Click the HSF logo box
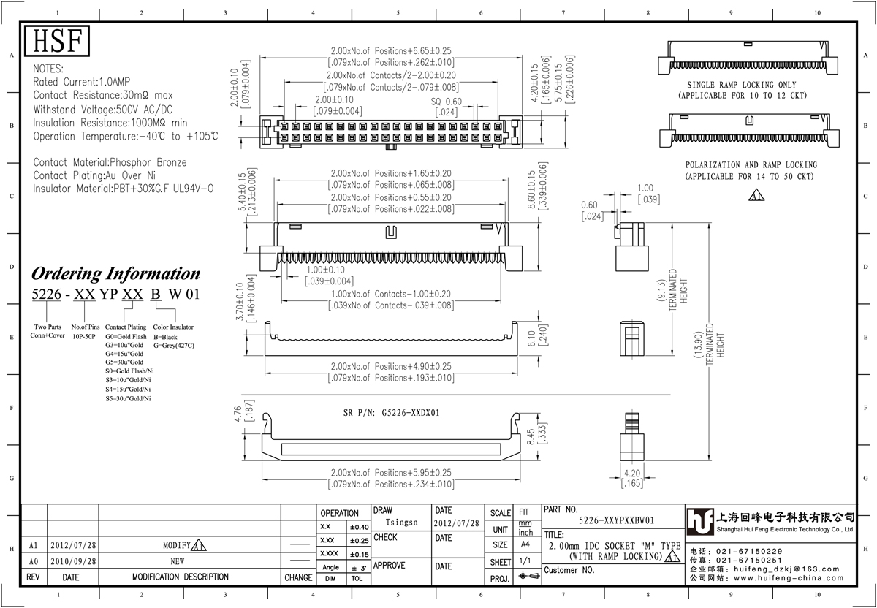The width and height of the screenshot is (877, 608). click(57, 41)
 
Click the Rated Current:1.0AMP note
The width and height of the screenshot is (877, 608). click(81, 82)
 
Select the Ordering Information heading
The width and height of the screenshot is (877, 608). click(115, 273)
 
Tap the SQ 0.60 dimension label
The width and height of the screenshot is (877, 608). click(447, 102)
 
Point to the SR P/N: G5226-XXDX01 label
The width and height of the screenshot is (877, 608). click(391, 413)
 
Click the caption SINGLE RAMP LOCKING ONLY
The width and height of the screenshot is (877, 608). click(742, 85)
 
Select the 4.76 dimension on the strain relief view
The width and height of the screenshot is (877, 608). click(238, 414)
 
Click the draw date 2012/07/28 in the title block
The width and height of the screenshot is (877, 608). click(456, 523)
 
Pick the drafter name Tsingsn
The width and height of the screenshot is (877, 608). click(401, 522)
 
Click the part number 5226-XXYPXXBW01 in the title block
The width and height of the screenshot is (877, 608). click(616, 520)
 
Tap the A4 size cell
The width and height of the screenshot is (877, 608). click(525, 544)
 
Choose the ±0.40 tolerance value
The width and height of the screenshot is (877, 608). click(360, 527)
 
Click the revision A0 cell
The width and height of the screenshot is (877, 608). click(34, 561)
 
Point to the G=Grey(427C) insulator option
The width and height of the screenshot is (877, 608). click(173, 346)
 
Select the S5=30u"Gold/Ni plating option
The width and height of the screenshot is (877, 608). click(128, 398)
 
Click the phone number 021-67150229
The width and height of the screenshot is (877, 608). click(749, 551)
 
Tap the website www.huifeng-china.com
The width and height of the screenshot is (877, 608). click(789, 578)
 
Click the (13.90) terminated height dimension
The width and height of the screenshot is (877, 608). click(697, 344)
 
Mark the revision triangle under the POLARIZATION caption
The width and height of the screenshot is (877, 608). click(756, 195)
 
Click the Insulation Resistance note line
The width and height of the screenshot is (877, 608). click(110, 123)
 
